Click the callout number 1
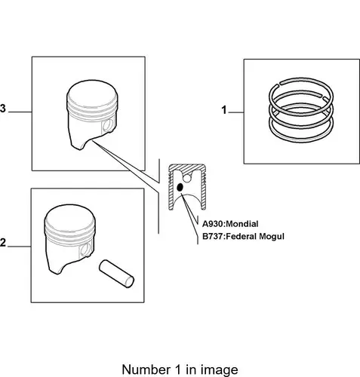(224, 110)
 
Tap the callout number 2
(2, 243)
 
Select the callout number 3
(2, 109)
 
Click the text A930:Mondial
(230, 224)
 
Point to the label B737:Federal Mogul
(243, 237)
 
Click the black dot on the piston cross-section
(180, 187)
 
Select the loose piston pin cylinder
(116, 274)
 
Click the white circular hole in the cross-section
(187, 179)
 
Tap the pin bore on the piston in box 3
(108, 126)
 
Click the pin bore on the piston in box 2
(85, 250)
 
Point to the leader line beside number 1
(235, 112)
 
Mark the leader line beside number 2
(20, 247)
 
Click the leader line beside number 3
(20, 112)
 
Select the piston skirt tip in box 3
(79, 148)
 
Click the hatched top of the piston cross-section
(187, 167)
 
